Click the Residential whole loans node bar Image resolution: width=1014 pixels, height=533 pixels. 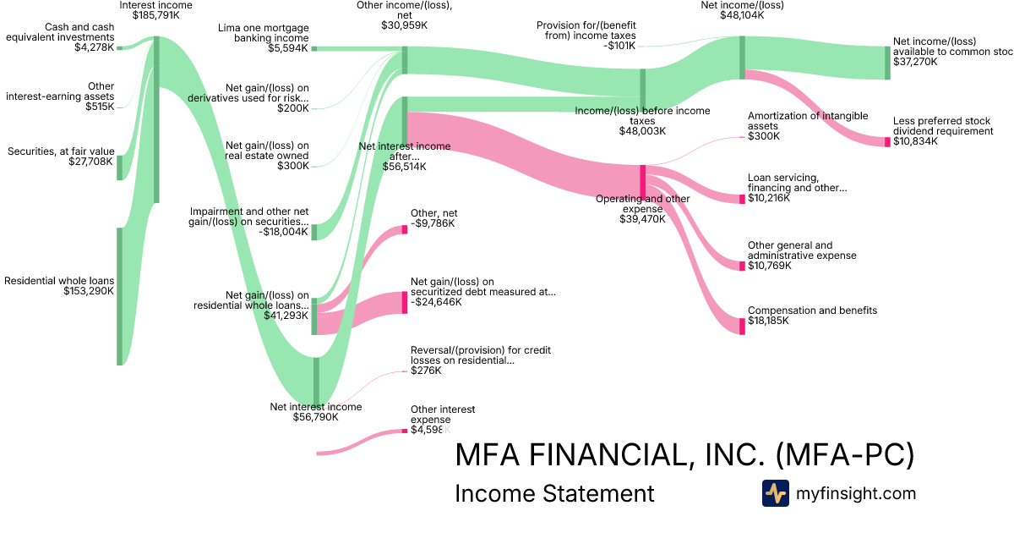120,296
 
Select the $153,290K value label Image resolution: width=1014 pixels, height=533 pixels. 89,291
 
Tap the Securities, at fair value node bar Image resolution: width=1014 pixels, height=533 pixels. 120,168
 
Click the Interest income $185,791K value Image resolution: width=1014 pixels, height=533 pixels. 155,15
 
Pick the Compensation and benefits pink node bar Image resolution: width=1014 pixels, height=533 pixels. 743,326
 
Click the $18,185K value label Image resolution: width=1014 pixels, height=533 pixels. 768,321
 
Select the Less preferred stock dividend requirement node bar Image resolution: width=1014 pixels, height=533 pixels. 887,142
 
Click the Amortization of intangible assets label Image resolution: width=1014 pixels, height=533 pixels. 795,121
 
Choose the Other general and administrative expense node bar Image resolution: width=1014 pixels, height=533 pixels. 743,266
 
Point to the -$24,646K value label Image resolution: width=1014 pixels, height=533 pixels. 436,302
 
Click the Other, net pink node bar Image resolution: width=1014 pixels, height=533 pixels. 405,228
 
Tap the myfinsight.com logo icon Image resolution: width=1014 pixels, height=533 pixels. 775,493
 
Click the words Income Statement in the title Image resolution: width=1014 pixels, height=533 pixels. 554,493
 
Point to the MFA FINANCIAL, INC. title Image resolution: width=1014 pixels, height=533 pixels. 684,455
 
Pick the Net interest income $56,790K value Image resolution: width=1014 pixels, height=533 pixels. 315,416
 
